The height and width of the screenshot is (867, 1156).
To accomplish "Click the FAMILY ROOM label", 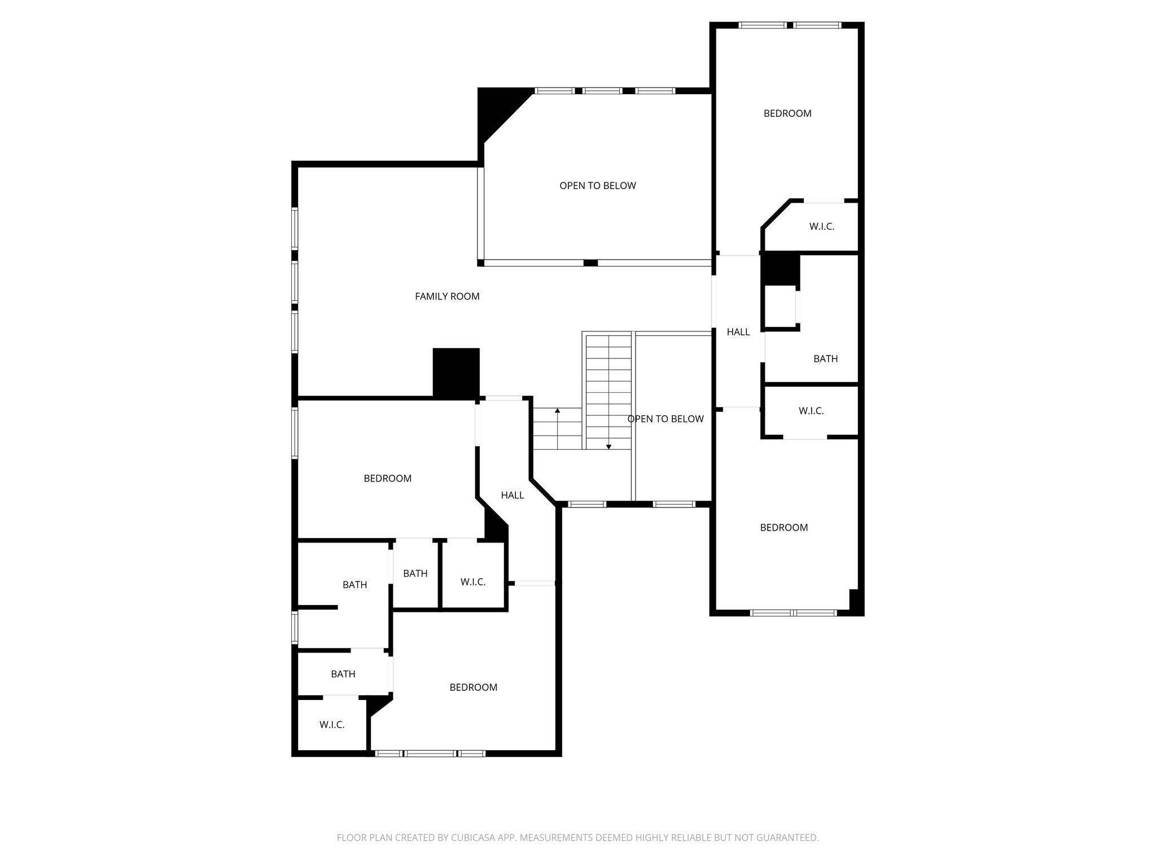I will pyautogui.click(x=447, y=296).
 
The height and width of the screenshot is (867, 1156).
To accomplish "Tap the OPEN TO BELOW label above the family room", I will pyautogui.click(x=597, y=186).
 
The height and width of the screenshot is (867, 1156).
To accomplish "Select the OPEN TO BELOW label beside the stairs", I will pyautogui.click(x=665, y=419).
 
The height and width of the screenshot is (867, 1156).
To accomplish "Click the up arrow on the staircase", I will pyautogui.click(x=558, y=411).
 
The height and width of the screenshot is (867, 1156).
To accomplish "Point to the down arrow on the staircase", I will pyautogui.click(x=608, y=446).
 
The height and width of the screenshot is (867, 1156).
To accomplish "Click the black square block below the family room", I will pyautogui.click(x=456, y=373).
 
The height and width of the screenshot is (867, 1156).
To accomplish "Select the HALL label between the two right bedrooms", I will pyautogui.click(x=738, y=332).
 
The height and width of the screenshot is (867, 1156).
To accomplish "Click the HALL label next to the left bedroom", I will pyautogui.click(x=512, y=495).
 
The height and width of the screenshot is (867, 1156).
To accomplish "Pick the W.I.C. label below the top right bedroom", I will pyautogui.click(x=821, y=226).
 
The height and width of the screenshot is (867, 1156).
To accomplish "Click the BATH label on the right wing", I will pyautogui.click(x=825, y=358).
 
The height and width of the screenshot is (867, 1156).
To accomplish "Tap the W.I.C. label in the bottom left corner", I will pyautogui.click(x=331, y=724).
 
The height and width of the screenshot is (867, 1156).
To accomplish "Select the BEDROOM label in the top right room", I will pyautogui.click(x=787, y=113).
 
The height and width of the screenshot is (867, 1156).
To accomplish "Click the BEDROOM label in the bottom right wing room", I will pyautogui.click(x=783, y=527).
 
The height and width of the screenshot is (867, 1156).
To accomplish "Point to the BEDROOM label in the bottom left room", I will pyautogui.click(x=473, y=687).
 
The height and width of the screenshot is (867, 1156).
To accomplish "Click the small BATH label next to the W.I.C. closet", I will pyautogui.click(x=415, y=573).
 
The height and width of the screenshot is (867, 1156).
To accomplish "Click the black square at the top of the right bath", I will pyautogui.click(x=780, y=268).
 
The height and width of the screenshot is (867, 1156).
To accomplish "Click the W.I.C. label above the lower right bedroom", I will pyautogui.click(x=811, y=411).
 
